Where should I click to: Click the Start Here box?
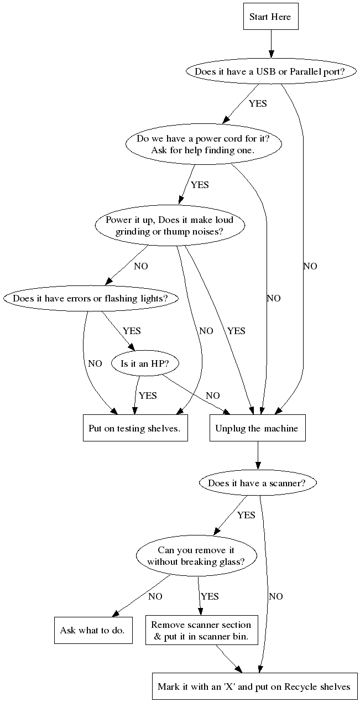(x=270, y=17)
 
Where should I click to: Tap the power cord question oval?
(x=203, y=144)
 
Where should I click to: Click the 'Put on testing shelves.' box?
(x=135, y=428)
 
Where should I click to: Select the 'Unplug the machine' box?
(x=257, y=428)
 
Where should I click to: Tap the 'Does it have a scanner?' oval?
(x=258, y=483)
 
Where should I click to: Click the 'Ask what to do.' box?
(x=93, y=631)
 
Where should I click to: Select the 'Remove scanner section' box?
(x=201, y=631)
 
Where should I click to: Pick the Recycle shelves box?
(x=254, y=687)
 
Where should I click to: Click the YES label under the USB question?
(x=258, y=103)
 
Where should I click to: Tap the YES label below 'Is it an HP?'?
(x=148, y=396)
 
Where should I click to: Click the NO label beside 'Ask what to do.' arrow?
(x=155, y=596)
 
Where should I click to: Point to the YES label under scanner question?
(x=246, y=515)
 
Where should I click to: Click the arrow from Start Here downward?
(x=271, y=44)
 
